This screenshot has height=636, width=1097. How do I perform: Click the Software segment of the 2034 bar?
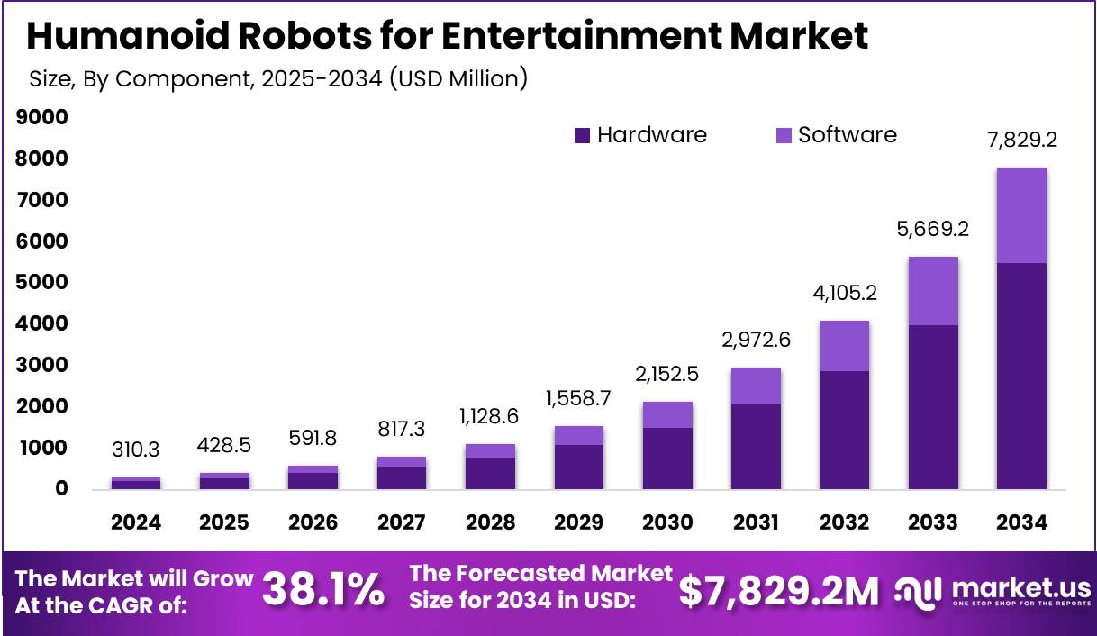point(1020,215)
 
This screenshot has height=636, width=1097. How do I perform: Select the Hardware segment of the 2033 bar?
point(932,407)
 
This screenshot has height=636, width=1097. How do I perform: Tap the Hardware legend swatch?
point(582,136)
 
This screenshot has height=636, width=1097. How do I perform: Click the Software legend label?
point(848,135)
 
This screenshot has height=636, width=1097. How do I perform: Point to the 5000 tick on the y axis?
point(42,282)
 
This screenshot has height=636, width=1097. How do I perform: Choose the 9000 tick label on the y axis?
point(42,117)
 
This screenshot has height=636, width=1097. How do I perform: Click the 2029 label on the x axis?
point(578,523)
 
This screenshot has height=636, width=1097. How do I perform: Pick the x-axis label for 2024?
point(136,523)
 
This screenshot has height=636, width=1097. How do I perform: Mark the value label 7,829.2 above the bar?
point(1020,141)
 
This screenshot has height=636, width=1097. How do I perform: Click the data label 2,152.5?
point(667,374)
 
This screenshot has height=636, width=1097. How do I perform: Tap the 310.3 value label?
point(136,450)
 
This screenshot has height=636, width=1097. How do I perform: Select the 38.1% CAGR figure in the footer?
point(322,590)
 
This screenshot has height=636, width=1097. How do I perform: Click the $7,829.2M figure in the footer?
point(778,590)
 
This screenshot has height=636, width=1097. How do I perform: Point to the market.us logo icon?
point(915,590)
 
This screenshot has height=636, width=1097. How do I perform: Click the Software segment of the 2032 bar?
point(844,346)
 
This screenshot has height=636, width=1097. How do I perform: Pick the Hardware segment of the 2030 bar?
point(667,459)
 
